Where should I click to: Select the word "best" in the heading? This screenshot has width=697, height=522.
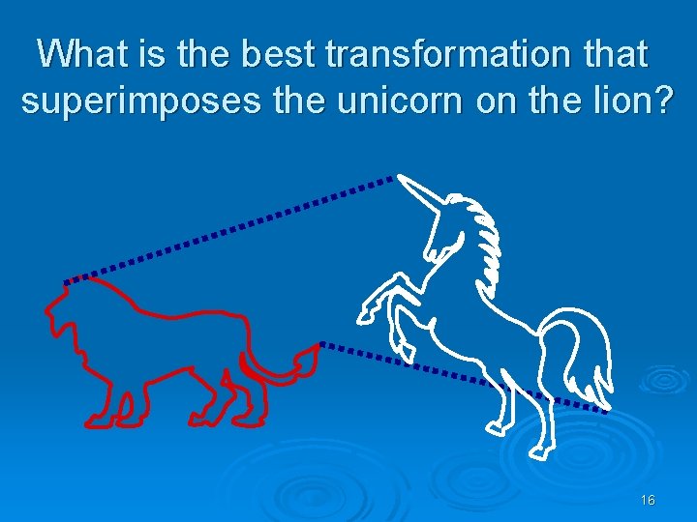[x=280, y=54]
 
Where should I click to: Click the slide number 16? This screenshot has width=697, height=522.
[x=648, y=500]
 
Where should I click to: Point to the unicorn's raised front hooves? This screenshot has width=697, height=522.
[x=370, y=311]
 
